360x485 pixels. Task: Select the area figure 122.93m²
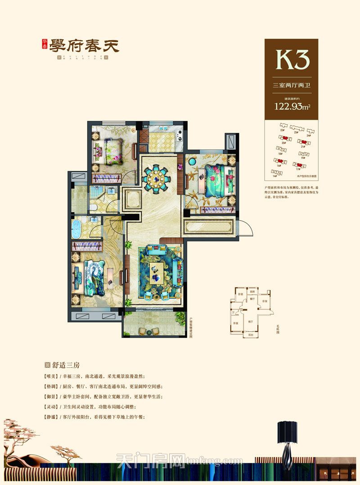point(291,107)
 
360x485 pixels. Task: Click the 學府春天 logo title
point(81,47)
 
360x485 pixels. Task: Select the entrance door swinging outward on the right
point(246,227)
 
